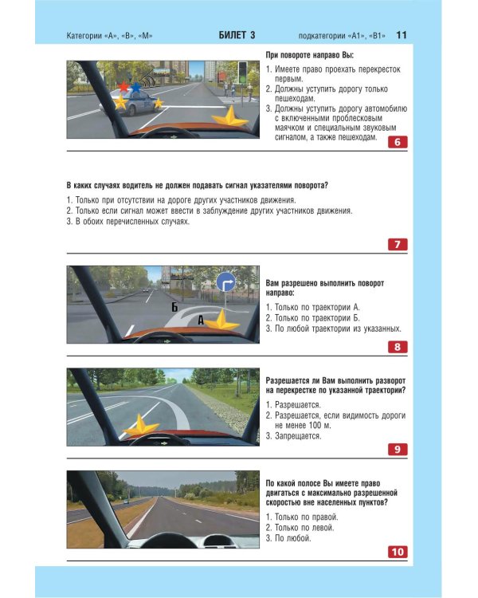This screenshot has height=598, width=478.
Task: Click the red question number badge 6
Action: coord(398,142)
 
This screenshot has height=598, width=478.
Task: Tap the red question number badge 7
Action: coord(398,244)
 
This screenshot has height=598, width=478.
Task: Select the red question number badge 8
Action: coord(398,347)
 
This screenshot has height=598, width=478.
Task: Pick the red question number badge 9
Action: coord(398,449)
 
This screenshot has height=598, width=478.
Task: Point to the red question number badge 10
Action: coord(398,552)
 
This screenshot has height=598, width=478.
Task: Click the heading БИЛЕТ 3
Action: coord(237,35)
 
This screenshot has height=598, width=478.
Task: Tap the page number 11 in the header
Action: coord(402,35)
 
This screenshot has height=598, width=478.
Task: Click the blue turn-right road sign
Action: coord(225,282)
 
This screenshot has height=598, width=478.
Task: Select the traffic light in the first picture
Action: coord(242,72)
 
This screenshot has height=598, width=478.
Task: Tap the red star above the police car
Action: coord(123,87)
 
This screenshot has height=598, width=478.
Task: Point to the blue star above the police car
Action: coord(135,88)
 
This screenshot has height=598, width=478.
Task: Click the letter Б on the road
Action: coord(174,307)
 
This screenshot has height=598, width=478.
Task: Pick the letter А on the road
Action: coord(201,321)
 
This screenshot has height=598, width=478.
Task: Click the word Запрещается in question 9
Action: coord(298,436)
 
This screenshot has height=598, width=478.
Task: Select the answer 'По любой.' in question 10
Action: coord(292,538)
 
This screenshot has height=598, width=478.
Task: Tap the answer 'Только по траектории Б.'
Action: coord(317,317)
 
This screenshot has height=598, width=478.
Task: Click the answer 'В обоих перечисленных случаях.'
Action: coord(132,222)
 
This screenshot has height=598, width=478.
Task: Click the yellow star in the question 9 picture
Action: coord(141,425)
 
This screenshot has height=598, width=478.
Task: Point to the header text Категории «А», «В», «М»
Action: coord(109,36)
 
